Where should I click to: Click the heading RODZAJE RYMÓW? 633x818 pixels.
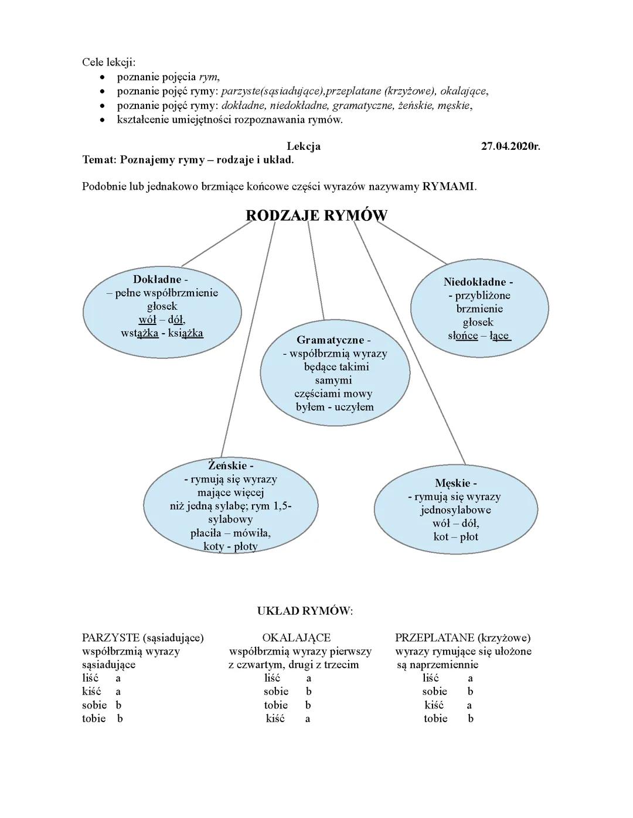click(x=316, y=215)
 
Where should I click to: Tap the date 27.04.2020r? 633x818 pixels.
click(x=510, y=146)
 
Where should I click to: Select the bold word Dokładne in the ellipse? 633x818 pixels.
click(x=157, y=279)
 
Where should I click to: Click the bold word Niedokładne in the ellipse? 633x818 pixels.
click(x=475, y=282)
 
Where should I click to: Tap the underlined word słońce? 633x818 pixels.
click(x=463, y=336)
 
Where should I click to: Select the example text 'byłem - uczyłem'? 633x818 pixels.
click(x=335, y=407)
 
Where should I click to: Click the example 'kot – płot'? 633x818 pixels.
click(x=455, y=536)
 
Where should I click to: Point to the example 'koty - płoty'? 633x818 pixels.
click(x=230, y=547)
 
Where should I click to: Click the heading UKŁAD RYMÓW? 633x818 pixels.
click(x=305, y=611)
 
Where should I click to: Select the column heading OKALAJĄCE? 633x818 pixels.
click(x=297, y=638)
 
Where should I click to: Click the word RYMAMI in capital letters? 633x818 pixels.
click(x=448, y=187)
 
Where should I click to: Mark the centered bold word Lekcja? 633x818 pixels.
click(x=304, y=146)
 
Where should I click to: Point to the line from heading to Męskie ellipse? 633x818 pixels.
click(x=410, y=345)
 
